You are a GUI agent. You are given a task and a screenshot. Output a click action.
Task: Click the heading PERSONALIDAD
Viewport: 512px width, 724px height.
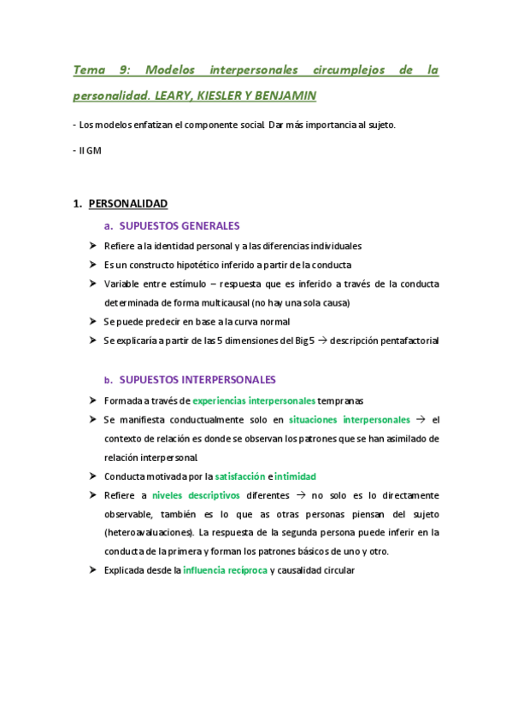(127, 203)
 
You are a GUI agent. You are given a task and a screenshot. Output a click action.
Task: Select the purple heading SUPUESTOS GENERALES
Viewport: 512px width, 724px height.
(179, 226)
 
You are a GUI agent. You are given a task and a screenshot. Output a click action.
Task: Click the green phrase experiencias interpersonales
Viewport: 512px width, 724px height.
(254, 400)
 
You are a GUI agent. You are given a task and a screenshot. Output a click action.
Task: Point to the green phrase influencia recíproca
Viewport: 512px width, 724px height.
(224, 569)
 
